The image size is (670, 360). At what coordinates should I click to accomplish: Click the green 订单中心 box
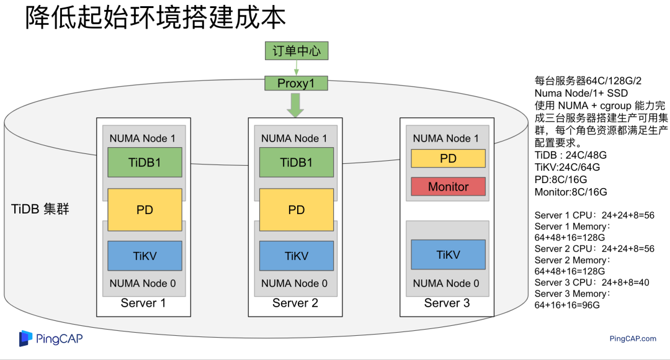click(296, 50)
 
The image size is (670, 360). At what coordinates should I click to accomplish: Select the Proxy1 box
click(296, 83)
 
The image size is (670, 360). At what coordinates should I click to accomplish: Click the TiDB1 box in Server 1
click(145, 163)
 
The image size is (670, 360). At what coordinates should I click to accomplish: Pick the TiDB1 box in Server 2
click(296, 163)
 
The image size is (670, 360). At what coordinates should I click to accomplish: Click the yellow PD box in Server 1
click(145, 210)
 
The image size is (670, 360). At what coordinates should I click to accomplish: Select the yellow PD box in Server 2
click(296, 210)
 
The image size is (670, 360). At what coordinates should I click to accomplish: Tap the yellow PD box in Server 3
click(448, 158)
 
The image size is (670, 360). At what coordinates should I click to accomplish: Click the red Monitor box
click(448, 186)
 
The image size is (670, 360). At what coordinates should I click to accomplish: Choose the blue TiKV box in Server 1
click(145, 256)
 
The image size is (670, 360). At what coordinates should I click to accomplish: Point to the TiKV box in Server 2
click(296, 256)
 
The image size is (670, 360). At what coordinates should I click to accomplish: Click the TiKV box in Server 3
click(448, 254)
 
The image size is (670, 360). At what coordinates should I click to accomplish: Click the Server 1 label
click(143, 303)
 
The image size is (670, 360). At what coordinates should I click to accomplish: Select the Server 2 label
click(295, 303)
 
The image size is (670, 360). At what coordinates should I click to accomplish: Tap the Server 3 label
click(447, 303)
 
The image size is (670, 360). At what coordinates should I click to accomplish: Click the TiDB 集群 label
click(40, 209)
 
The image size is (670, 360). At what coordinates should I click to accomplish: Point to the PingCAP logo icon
click(25, 338)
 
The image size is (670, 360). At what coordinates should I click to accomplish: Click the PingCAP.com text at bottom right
click(632, 338)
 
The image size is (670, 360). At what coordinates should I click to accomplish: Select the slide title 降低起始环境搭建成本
click(155, 18)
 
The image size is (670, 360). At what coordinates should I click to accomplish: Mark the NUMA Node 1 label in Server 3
click(446, 138)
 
